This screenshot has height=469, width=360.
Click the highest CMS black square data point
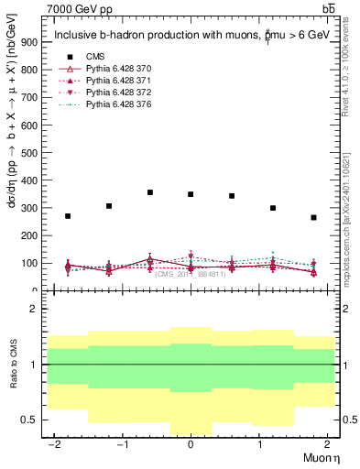pyautogui.click(x=149, y=192)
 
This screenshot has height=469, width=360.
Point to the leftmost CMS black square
pyautogui.click(x=68, y=216)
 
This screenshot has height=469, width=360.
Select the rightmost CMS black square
pyautogui.click(x=313, y=217)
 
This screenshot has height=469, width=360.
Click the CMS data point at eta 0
pyautogui.click(x=191, y=194)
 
